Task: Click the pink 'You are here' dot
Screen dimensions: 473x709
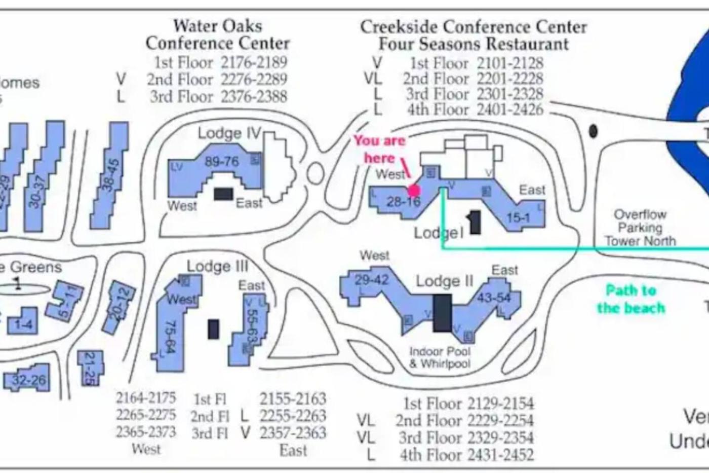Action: pos(414,190)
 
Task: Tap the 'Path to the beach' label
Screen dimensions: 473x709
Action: pos(631,299)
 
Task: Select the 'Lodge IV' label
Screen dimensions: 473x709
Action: pos(228,133)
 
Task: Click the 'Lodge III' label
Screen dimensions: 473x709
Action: pos(217,267)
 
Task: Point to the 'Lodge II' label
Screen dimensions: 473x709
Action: pos(445,281)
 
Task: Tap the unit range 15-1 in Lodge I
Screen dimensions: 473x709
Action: pos(518,218)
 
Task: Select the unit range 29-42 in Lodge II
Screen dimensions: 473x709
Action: pos(372,280)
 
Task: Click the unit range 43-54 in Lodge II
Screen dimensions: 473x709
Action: pos(494,298)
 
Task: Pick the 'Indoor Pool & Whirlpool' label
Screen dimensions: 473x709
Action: pos(440,357)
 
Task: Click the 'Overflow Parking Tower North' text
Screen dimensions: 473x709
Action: pos(640,228)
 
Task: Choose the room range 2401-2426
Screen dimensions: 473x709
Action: pos(509,110)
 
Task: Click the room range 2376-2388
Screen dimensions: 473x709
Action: pos(254,96)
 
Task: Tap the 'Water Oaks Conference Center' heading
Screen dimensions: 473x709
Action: pos(218,34)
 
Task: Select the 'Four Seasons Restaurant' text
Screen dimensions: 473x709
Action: pos(474,44)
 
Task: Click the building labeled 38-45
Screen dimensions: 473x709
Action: pos(111,175)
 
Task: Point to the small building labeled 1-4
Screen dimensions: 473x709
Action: pos(22,322)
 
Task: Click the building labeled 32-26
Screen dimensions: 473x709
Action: pos(28,379)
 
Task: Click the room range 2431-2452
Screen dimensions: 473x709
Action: pos(500,455)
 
